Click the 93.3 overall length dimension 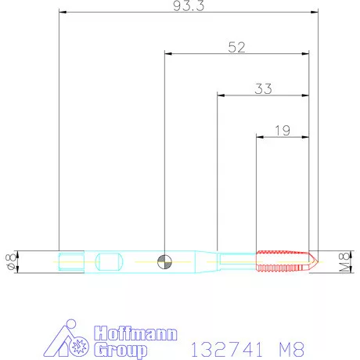point(189,6)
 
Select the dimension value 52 point(236,47)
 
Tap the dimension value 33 point(263,88)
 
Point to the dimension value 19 point(283,131)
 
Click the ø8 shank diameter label point(10,260)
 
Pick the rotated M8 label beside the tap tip point(344,260)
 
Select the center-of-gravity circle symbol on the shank point(164,261)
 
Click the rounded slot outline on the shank point(109,260)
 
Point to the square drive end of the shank point(70,260)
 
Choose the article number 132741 point(225,344)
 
